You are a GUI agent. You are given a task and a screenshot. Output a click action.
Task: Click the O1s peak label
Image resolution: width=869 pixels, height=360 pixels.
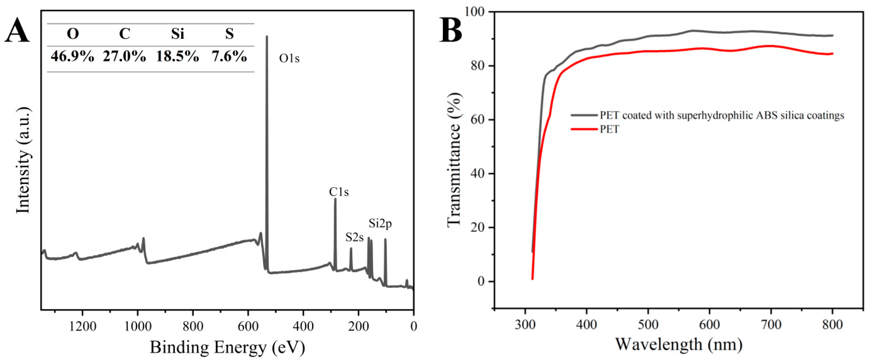[289, 59]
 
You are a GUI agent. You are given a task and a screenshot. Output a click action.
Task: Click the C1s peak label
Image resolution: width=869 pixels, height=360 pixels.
[339, 192]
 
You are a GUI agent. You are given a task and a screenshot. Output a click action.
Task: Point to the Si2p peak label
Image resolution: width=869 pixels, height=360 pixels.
[380, 223]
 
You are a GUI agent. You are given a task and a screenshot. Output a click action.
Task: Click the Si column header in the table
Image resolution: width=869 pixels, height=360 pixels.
[177, 34]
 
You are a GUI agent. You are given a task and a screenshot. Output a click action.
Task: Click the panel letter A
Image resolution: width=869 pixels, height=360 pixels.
[17, 32]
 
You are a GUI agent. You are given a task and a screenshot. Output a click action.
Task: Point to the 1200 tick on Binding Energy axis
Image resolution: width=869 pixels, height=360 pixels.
[82, 326]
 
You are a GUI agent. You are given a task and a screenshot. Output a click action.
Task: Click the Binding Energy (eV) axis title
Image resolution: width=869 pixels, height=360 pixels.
[227, 347]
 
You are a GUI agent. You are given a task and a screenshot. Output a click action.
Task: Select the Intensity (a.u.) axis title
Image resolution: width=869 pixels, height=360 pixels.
[24, 160]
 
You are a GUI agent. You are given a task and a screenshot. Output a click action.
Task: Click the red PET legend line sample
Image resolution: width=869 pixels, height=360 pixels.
[584, 129]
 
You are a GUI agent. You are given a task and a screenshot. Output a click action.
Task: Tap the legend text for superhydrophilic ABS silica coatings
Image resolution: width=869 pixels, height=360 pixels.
[722, 115]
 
